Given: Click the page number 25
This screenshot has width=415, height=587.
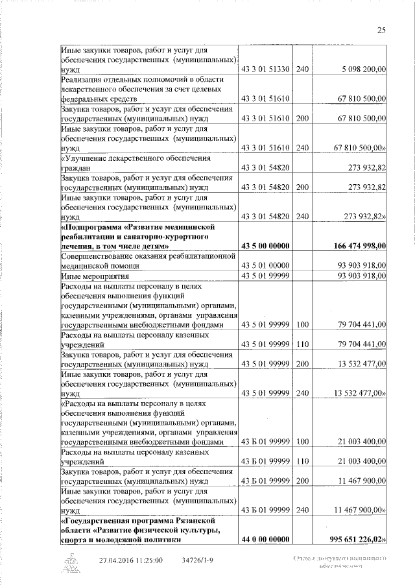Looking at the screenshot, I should [381, 30].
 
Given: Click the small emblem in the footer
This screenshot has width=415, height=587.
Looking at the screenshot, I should [71, 562].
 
